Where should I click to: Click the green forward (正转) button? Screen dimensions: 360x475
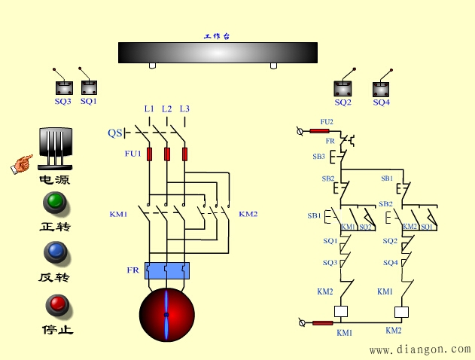pyautogui.click(x=55, y=203)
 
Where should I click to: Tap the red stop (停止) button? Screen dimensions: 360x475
pyautogui.click(x=56, y=305)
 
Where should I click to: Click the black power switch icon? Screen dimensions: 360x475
pyautogui.click(x=55, y=148)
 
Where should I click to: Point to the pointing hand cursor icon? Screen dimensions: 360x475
pyautogui.click(x=22, y=163)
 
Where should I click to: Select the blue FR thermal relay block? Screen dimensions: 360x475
pyautogui.click(x=167, y=270)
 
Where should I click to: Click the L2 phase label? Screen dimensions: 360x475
pyautogui.click(x=166, y=108)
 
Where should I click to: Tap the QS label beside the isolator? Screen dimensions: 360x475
pyautogui.click(x=114, y=133)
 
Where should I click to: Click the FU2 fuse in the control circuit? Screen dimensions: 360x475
pyautogui.click(x=319, y=131)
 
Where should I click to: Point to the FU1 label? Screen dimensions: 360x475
pyautogui.click(x=132, y=154)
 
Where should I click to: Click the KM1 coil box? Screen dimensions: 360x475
pyautogui.click(x=340, y=311)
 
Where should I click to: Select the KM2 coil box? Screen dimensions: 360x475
pyautogui.click(x=402, y=311)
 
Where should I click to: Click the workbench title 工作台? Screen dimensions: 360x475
pyautogui.click(x=217, y=36)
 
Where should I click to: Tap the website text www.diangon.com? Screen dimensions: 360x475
pyautogui.click(x=419, y=349)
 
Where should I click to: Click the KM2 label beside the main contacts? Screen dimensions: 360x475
pyautogui.click(x=248, y=214)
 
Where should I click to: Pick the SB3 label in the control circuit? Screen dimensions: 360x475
pyautogui.click(x=318, y=157)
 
